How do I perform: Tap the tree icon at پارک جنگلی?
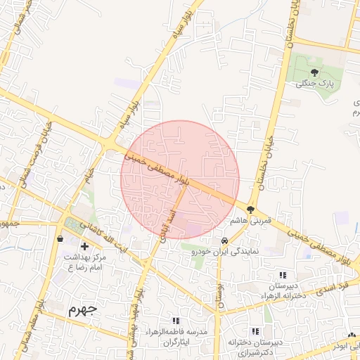[x=314, y=72]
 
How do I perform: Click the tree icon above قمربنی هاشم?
[x=250, y=210]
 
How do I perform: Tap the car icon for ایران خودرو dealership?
[x=224, y=240]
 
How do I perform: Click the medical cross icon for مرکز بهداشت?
[x=84, y=246]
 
